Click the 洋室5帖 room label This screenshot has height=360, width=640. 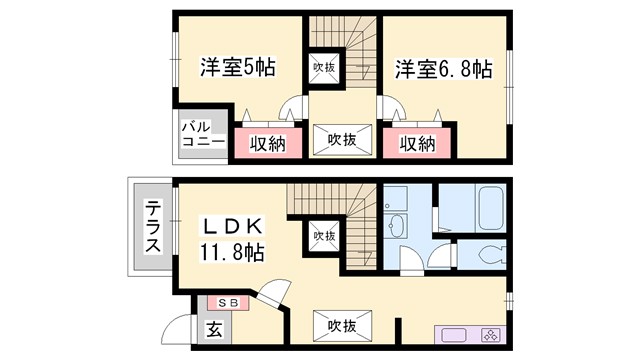click(x=237, y=68)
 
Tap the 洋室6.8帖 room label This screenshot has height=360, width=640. click(x=442, y=68)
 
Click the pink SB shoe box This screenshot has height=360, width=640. click(x=229, y=302)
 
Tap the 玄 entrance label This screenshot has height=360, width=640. click(x=214, y=326)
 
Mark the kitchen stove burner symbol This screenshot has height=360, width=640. click(x=491, y=335)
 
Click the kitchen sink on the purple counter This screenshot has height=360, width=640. click(x=452, y=335)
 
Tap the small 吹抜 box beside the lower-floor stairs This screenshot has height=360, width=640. click(x=324, y=236)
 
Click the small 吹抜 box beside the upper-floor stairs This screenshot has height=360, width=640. click(x=324, y=68)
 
